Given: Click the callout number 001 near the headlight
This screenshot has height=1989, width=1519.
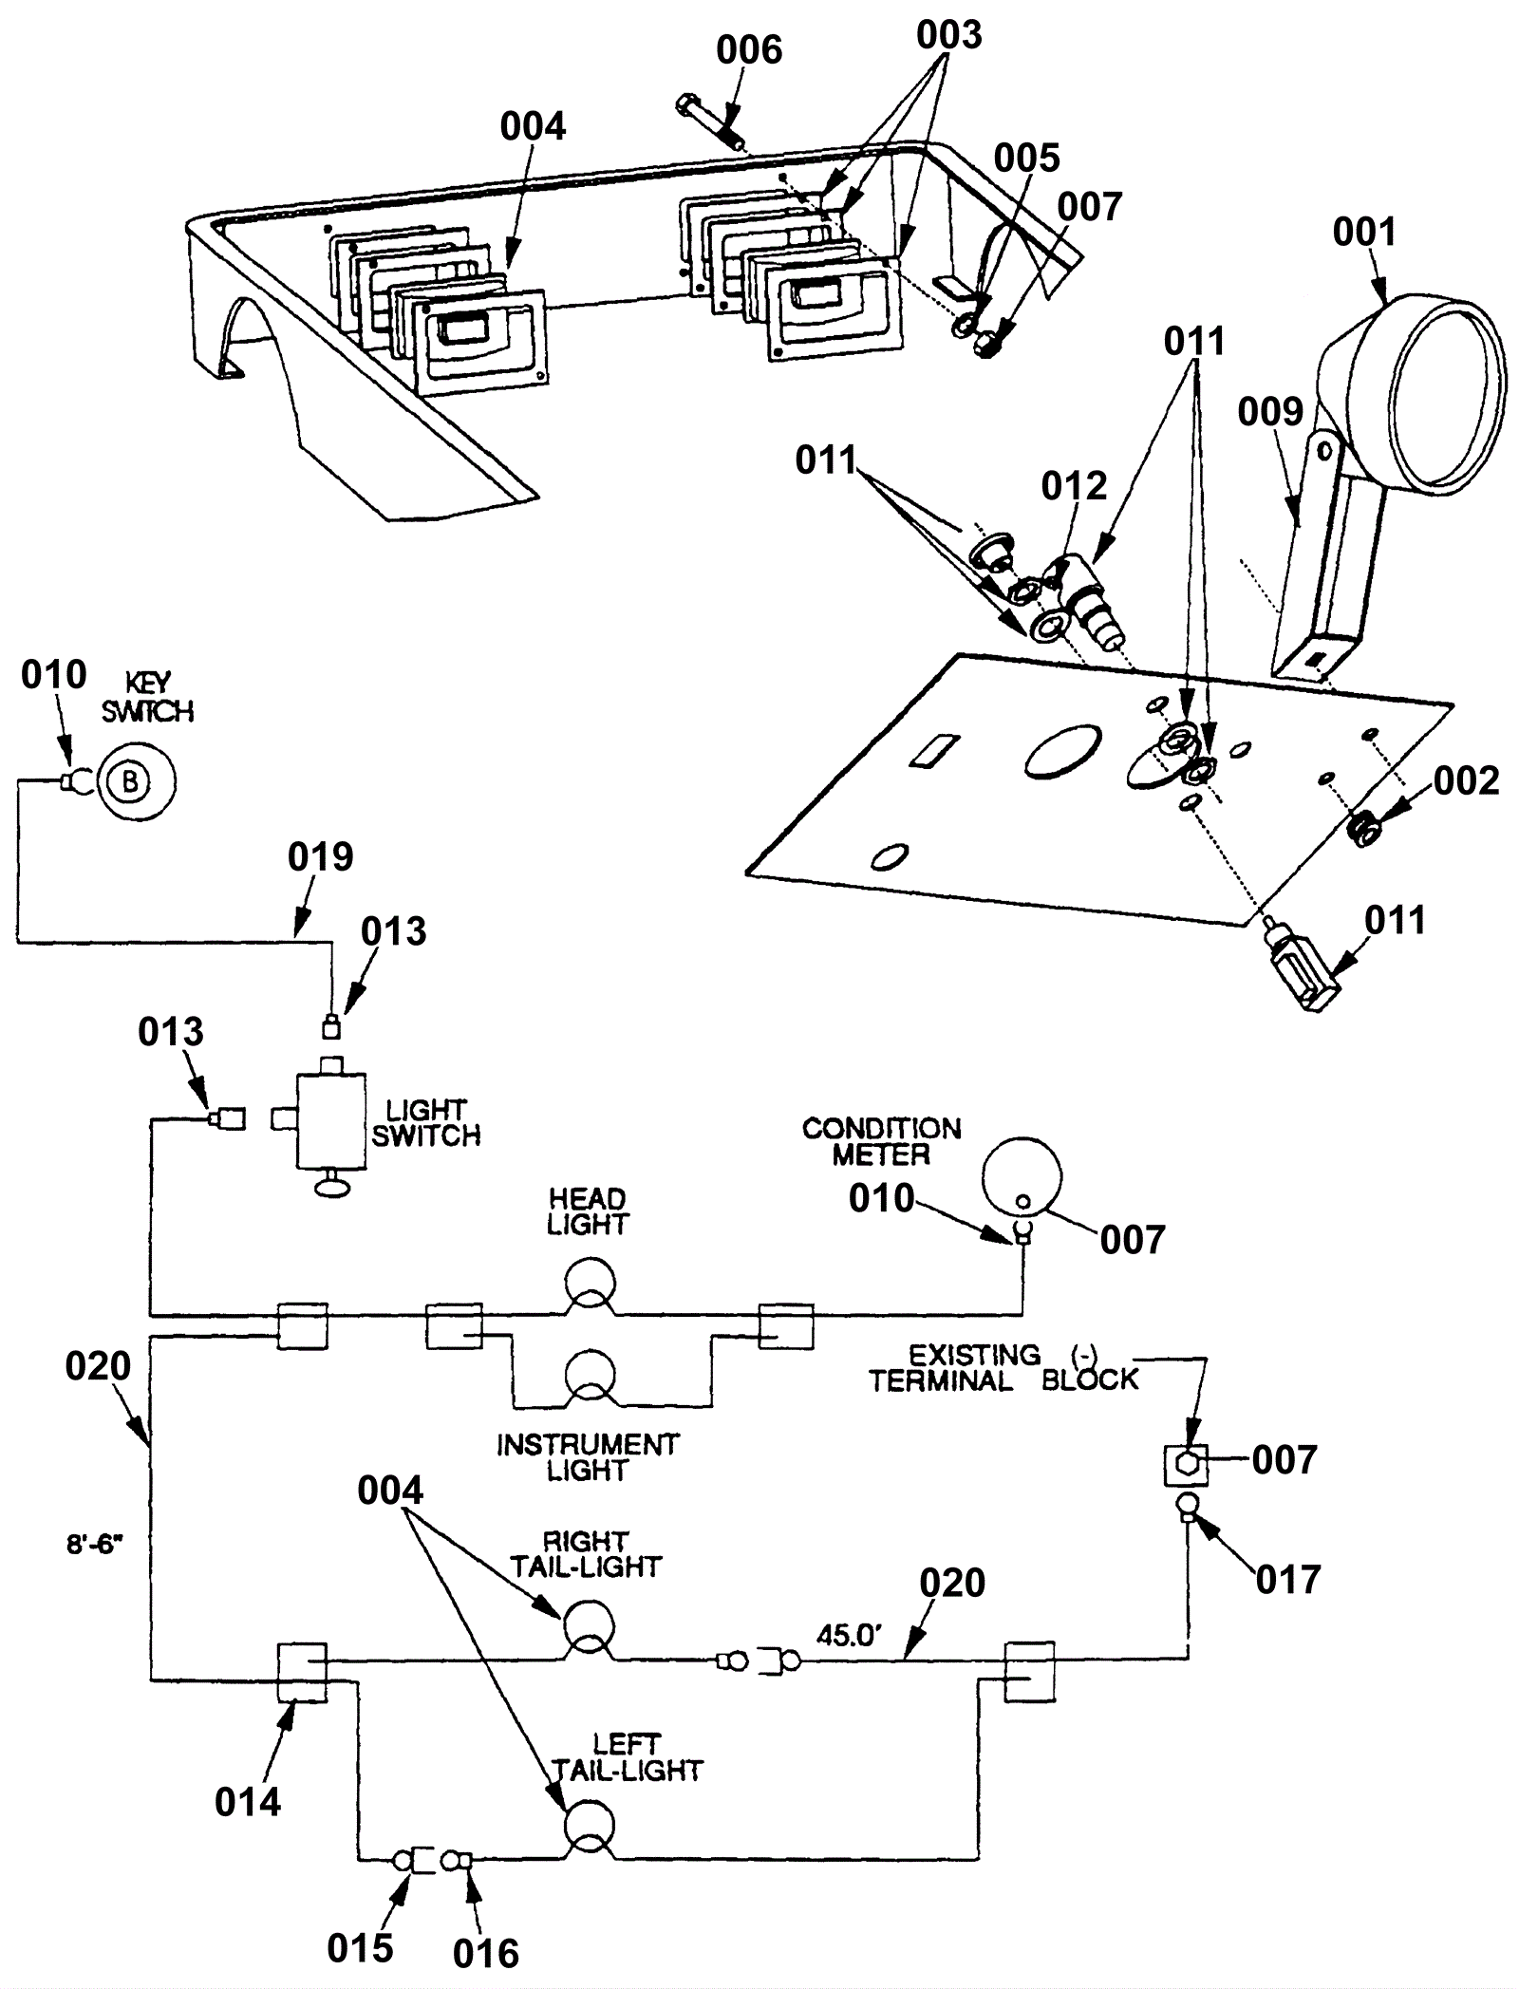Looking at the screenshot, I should click(1364, 232).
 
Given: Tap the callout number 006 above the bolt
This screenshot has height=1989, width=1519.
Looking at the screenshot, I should click(749, 50).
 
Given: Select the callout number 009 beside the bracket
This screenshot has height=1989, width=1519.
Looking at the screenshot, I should click(1270, 412).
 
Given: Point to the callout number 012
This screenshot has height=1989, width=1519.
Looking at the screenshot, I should click(1074, 486).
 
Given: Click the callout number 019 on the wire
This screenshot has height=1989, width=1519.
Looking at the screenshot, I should click(321, 856).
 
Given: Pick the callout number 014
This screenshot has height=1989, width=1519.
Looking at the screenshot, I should click(248, 1802).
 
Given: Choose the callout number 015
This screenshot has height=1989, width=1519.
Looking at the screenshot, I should click(360, 1948).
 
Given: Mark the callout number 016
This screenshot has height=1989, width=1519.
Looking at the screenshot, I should click(486, 1954).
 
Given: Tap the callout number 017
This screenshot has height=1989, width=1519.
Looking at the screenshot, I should click(1288, 1580).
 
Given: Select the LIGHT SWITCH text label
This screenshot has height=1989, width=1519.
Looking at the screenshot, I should click(425, 1122).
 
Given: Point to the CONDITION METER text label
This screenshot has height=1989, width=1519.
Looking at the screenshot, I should click(881, 1141).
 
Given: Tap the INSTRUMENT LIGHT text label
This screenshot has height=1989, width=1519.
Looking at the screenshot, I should click(588, 1457).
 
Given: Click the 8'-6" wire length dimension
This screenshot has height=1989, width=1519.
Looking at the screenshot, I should click(95, 1545).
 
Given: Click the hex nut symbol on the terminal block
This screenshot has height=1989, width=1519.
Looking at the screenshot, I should click(1186, 1465).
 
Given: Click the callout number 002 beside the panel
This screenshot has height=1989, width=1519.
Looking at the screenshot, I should click(1466, 780).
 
